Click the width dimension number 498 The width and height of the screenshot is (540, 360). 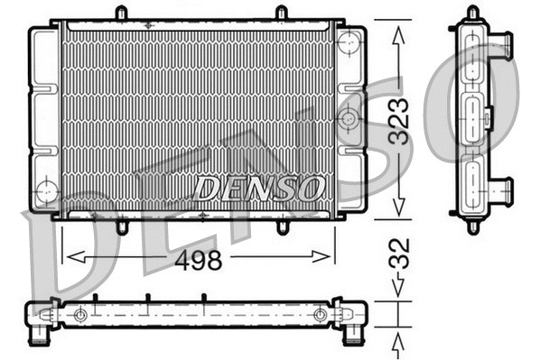[x=197, y=260]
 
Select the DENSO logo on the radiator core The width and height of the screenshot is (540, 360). [x=259, y=189]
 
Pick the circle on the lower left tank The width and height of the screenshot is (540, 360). [x=45, y=191]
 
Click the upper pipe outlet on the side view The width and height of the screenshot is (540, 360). [x=502, y=46]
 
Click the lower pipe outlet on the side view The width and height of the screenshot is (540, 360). [x=502, y=190]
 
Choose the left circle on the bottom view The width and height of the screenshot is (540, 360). [x=81, y=314]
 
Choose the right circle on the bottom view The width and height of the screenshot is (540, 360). [x=320, y=314]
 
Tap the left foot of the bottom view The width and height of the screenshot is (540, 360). [x=41, y=336]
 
